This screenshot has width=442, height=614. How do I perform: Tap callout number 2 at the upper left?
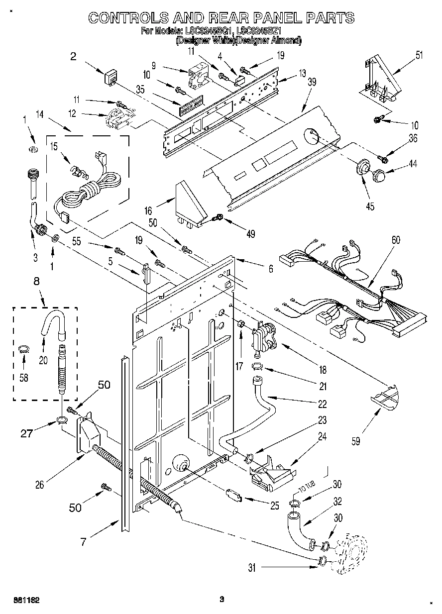73,57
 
